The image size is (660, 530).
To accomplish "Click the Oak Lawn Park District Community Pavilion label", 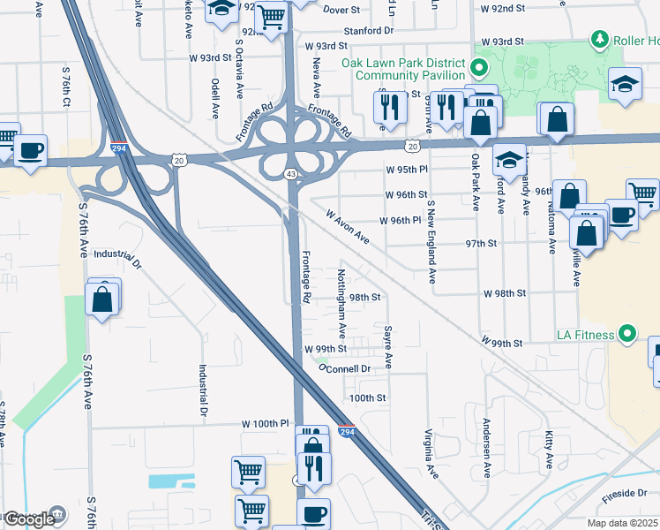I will pos(402,69).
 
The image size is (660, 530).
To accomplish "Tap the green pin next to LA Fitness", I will pos(627,334).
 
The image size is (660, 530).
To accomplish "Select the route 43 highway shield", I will pos(290,174).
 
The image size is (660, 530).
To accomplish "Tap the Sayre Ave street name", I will pos(387,345).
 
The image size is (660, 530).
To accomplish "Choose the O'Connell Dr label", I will pos(344,367).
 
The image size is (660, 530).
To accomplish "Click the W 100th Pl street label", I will pos(266,424).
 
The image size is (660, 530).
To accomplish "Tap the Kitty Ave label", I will pos(549,450).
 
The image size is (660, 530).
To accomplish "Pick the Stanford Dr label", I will pos(368,29).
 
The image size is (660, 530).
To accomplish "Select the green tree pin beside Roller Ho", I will pos(599,40).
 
